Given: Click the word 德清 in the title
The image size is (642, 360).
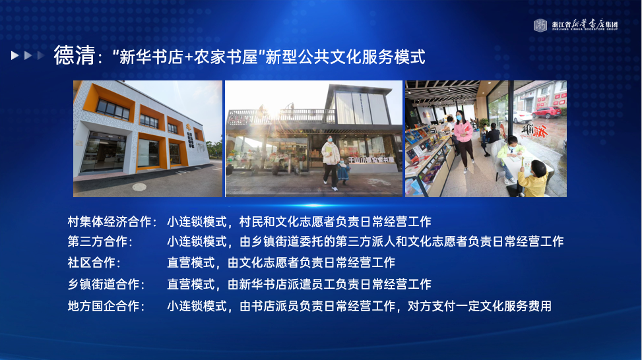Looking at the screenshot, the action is pyautogui.click(x=74, y=55).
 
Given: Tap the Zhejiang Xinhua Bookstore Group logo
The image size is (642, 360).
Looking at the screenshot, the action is pyautogui.click(x=575, y=25).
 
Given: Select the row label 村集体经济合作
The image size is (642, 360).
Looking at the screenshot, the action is pyautogui.click(x=110, y=222).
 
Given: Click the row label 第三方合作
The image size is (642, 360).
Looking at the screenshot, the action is pyautogui.click(x=98, y=242).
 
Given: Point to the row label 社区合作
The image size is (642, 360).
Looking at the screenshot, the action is pyautogui.click(x=91, y=262).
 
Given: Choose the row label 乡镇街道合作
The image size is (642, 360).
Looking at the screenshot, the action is pyautogui.click(x=104, y=284).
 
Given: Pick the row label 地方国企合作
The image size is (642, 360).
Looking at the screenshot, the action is pyautogui.click(x=104, y=306).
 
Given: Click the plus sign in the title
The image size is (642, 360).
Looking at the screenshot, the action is pyautogui.click(x=188, y=57).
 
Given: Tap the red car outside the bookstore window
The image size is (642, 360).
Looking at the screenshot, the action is pyautogui.click(x=546, y=111).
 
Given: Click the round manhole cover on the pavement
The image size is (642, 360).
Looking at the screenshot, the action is pyautogui.click(x=139, y=187).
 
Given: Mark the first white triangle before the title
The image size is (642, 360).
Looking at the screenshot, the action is pyautogui.click(x=15, y=55).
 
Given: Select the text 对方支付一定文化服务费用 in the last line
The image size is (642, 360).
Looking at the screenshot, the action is pyautogui.click(x=480, y=306).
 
